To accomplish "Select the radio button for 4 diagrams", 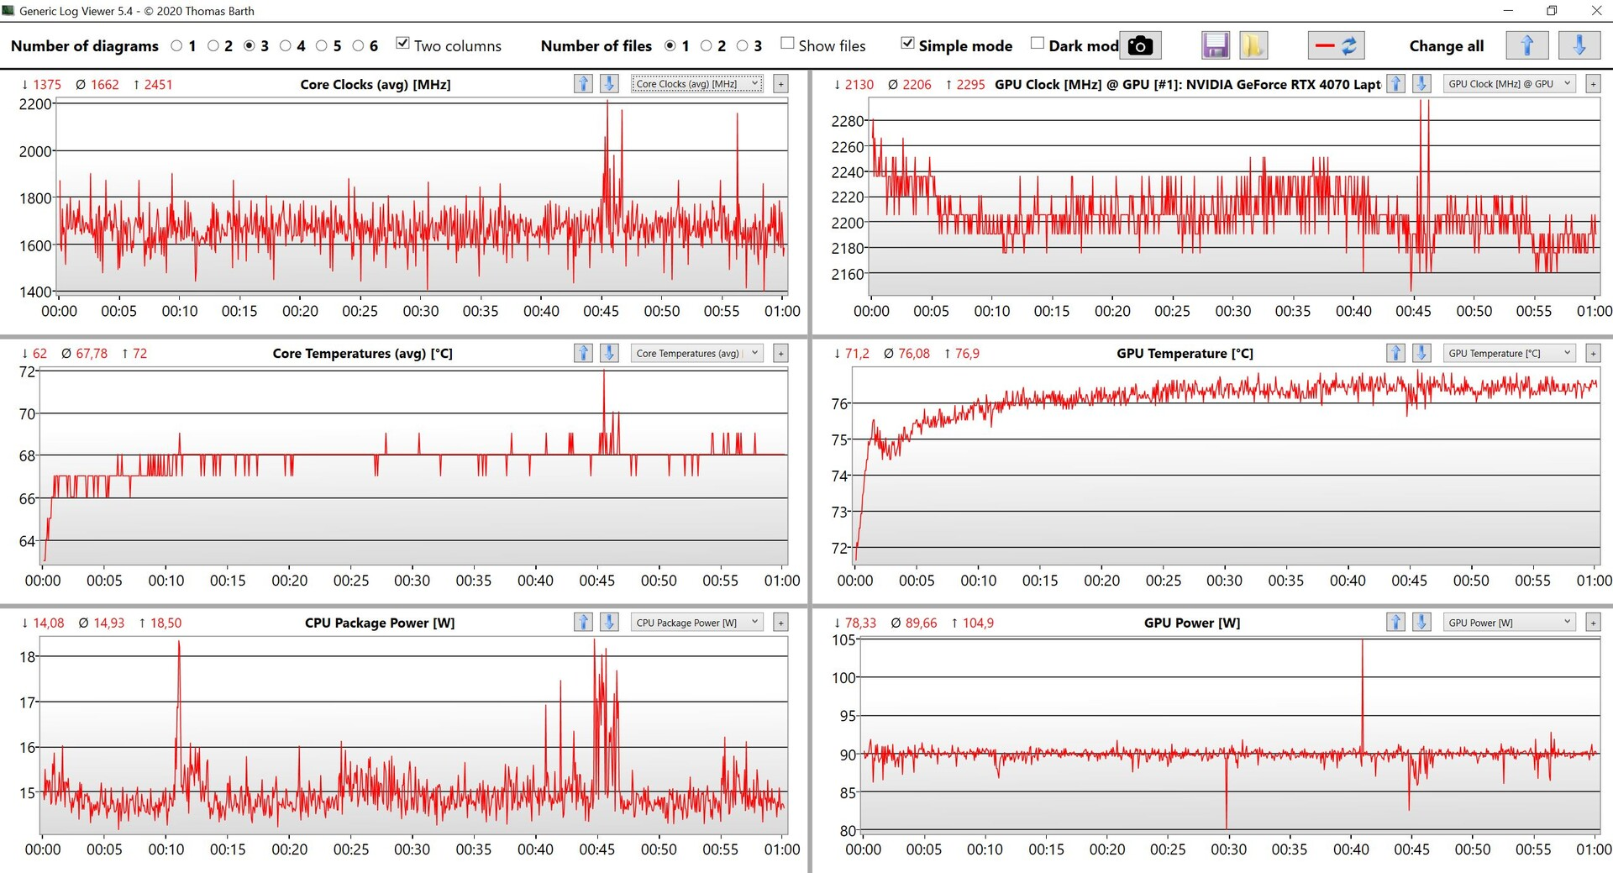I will pos(286,46).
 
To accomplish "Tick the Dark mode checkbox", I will pos(1038,44).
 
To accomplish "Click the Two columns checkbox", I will pos(403,44).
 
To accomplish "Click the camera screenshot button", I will pos(1140,45).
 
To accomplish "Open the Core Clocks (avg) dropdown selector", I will pos(696,84).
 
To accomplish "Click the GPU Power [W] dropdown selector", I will pos(1509,623).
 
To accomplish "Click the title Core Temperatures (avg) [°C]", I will pos(362,354).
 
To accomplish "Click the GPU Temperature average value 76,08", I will pos(914,354).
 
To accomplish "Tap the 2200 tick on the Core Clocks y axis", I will pos(35,104).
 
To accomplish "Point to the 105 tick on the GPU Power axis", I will pos(843,640).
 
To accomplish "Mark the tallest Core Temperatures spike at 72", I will pos(603,373).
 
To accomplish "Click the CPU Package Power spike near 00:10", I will pos(178,644).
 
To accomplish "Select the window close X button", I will pos(1596,11).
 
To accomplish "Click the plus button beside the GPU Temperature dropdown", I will pos(1593,354).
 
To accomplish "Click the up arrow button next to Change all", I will pos(1526,45).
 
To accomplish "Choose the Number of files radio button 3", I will pos(743,46).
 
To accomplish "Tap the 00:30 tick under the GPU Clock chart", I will pos(1232,311).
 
